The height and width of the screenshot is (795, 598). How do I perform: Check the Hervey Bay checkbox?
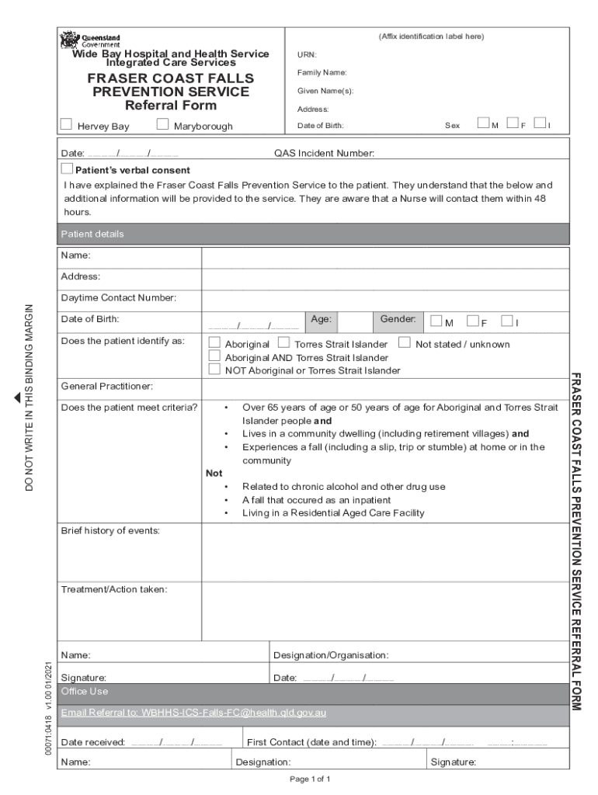click(66, 124)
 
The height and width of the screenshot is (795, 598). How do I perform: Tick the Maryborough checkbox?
click(162, 124)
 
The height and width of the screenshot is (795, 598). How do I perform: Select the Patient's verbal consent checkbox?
click(68, 169)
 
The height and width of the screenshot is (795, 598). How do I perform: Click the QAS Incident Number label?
click(324, 154)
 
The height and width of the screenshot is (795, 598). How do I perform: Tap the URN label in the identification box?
click(306, 55)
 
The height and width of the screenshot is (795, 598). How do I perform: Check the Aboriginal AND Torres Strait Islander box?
click(214, 356)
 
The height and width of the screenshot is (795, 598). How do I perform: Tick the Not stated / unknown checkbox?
click(404, 342)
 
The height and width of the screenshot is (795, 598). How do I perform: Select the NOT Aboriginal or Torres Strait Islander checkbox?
click(214, 370)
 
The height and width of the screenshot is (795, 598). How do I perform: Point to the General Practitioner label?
click(106, 386)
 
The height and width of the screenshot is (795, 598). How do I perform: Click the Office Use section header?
click(85, 691)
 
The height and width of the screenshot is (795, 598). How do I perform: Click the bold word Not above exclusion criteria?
click(214, 473)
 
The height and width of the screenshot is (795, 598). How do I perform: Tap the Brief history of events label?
click(110, 530)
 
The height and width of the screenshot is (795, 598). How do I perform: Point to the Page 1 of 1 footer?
click(310, 779)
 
